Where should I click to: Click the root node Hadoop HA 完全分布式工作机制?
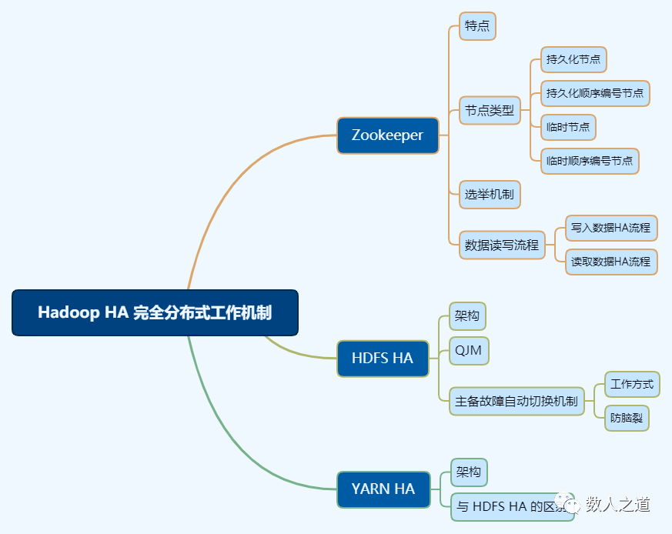(x=155, y=312)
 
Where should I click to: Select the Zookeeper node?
(x=387, y=135)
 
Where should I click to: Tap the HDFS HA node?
(x=383, y=358)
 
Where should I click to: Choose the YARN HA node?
(x=383, y=489)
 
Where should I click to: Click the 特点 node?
(x=477, y=26)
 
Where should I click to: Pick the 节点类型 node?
(x=490, y=110)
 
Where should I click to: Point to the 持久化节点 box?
(x=573, y=59)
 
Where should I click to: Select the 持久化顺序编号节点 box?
(x=595, y=93)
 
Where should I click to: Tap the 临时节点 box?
(x=568, y=127)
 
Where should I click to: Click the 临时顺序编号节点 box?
(x=590, y=161)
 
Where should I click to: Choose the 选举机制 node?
(x=490, y=194)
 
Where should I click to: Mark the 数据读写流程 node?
(x=502, y=245)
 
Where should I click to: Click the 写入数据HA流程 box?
(x=611, y=229)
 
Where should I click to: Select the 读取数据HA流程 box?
(x=611, y=262)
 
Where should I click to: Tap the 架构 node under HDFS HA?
(x=467, y=315)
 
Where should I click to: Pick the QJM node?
(x=468, y=351)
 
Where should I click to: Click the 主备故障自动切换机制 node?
(x=517, y=401)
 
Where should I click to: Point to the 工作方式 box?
(x=632, y=384)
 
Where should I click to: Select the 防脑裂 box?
(x=627, y=418)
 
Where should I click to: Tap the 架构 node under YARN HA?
(x=469, y=472)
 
